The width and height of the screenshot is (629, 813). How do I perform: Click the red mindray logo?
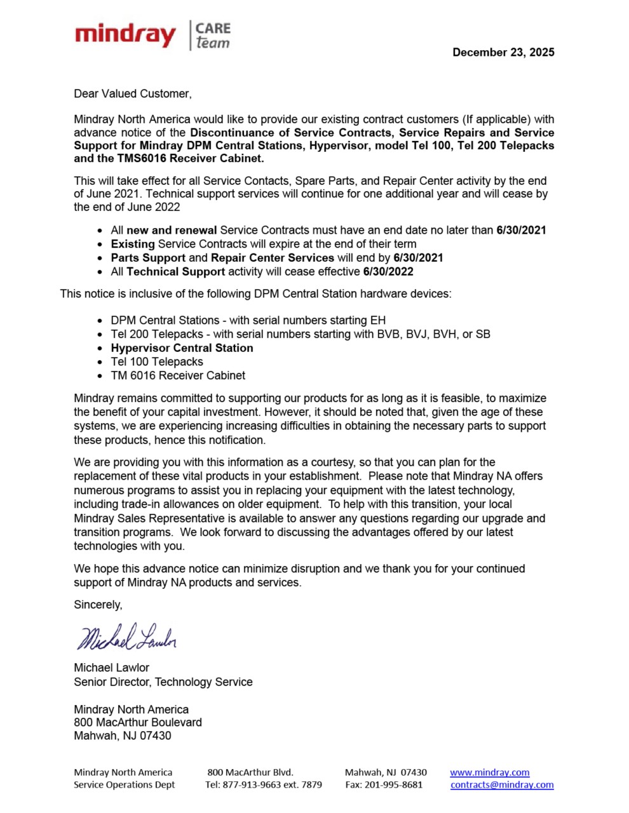click(125, 35)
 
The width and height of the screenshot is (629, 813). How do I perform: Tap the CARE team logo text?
click(212, 36)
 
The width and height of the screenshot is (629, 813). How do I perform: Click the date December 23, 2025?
click(503, 53)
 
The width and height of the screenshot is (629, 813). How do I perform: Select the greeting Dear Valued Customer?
click(132, 94)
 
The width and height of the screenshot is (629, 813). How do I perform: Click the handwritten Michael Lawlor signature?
click(126, 636)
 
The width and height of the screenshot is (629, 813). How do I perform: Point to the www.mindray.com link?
click(489, 772)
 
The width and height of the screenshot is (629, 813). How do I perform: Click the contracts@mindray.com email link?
click(502, 784)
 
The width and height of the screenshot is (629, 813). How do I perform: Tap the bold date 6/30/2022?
click(388, 272)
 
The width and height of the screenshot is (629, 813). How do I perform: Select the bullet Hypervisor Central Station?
click(182, 348)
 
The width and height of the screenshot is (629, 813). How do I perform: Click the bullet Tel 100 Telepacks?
click(157, 362)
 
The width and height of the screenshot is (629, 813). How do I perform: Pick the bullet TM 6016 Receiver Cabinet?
click(178, 375)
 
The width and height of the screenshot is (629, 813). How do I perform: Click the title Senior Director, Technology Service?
click(163, 682)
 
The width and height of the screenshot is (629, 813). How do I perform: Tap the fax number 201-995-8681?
click(393, 784)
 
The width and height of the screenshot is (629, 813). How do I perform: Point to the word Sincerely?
click(98, 605)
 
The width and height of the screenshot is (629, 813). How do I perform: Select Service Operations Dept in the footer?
click(124, 784)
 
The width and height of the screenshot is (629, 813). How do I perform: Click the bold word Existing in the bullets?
click(133, 244)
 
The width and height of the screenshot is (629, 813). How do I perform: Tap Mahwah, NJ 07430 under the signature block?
click(122, 736)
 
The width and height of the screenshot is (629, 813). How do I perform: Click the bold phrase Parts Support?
click(148, 258)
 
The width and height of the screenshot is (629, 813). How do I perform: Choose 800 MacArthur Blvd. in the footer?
click(250, 772)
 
